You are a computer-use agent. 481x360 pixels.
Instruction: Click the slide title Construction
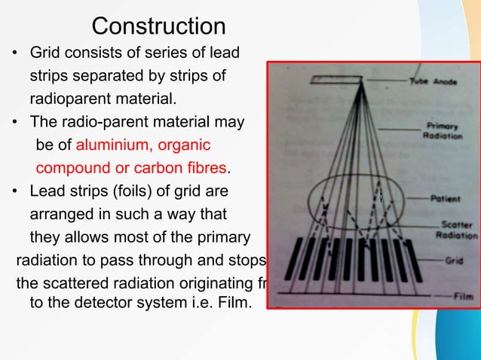(x=158, y=26)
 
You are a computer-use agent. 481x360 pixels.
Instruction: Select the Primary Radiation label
(x=444, y=131)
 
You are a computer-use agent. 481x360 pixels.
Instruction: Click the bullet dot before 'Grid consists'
(x=14, y=54)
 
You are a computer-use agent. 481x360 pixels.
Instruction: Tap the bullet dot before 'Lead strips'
(x=14, y=190)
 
